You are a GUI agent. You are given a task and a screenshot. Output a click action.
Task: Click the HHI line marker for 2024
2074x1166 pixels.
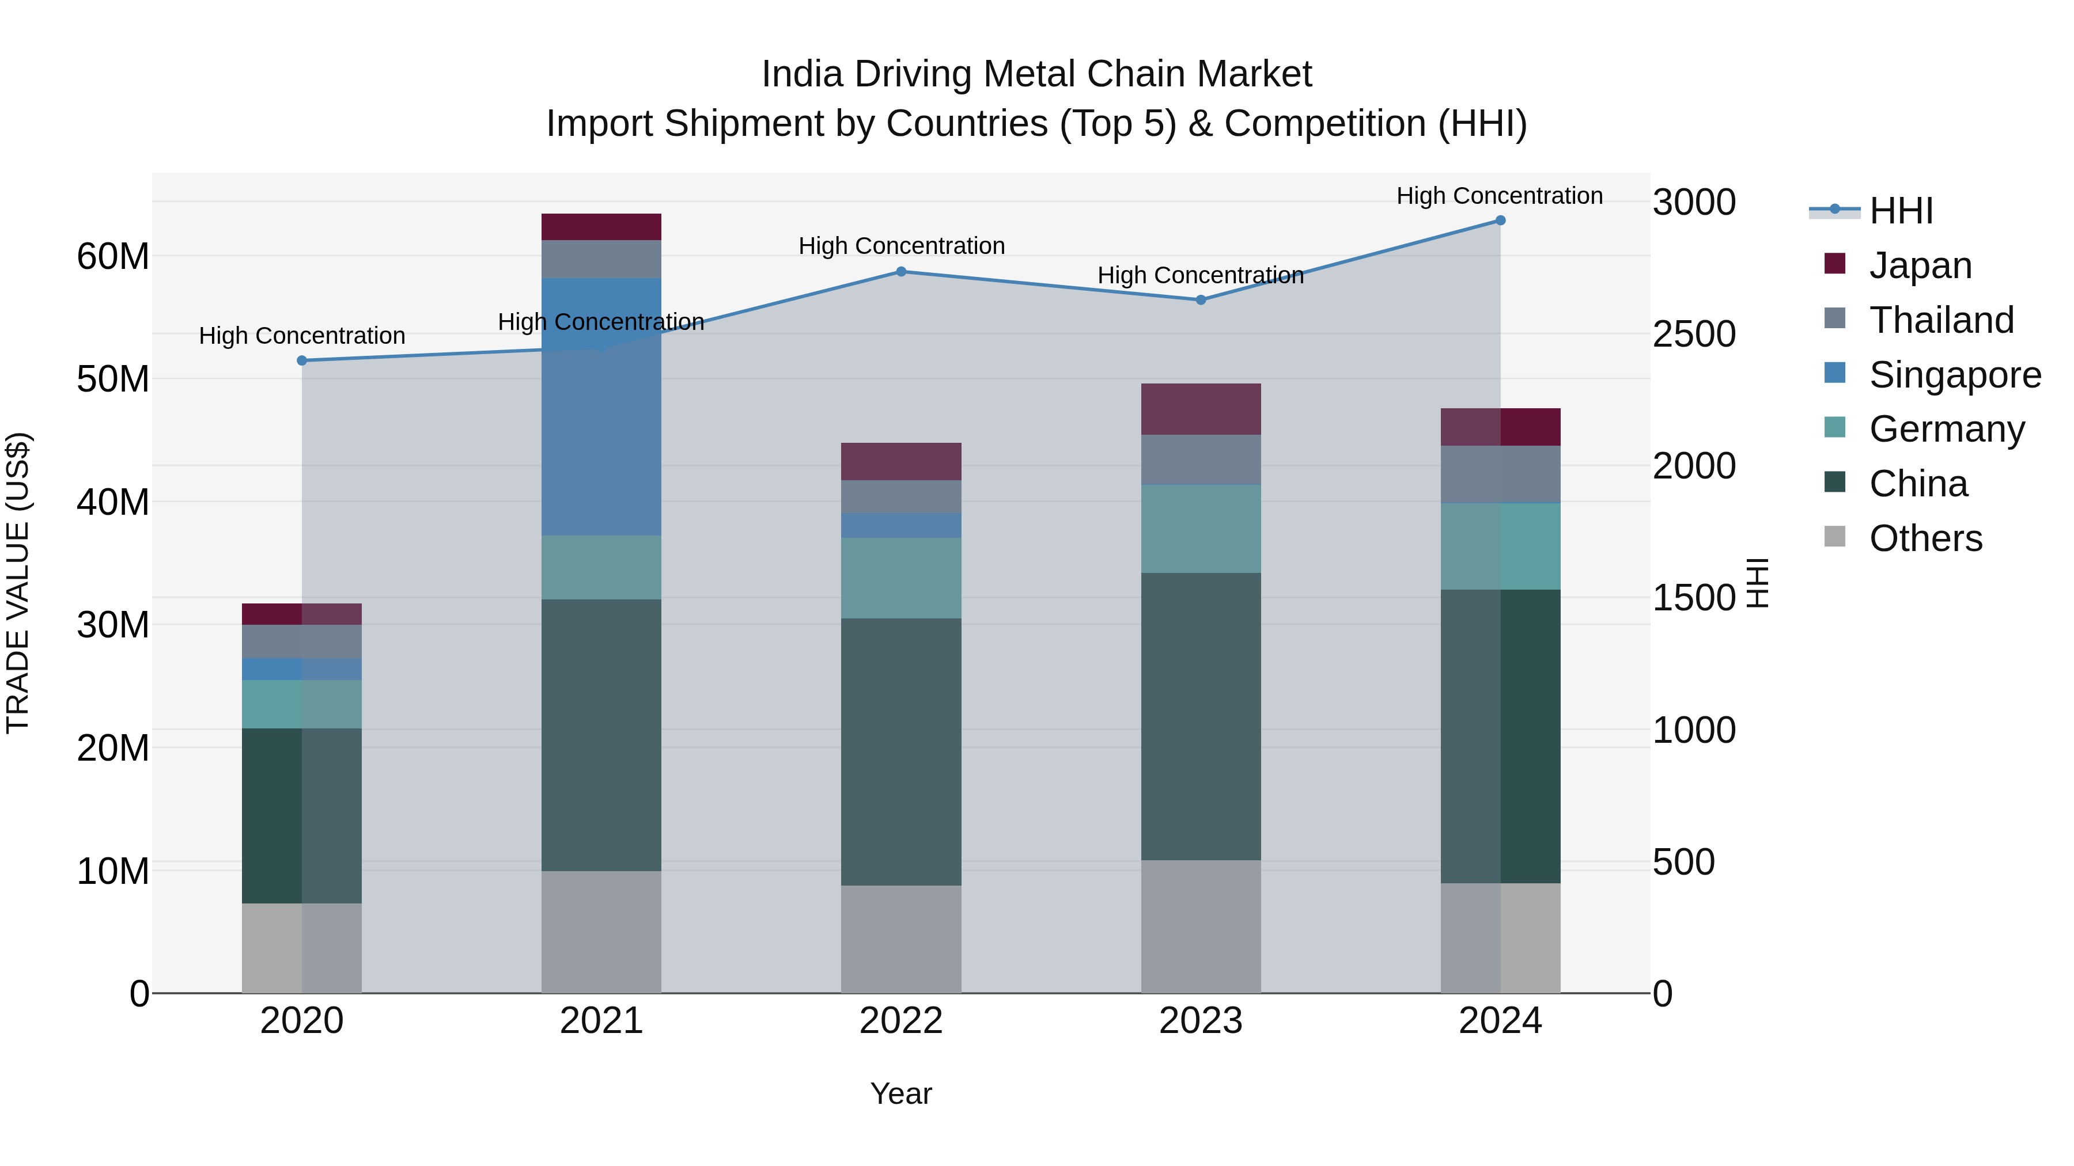[x=1500, y=221]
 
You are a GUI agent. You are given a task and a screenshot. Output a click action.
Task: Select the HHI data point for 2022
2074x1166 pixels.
[x=901, y=272]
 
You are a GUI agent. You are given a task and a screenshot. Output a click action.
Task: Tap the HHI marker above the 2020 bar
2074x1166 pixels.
[x=302, y=360]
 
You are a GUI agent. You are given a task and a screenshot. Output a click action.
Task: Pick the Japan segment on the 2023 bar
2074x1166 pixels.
[x=1201, y=409]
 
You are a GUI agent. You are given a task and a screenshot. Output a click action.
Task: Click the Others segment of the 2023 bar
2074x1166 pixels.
[x=1201, y=926]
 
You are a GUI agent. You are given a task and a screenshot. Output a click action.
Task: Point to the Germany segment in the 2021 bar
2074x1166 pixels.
[x=601, y=567]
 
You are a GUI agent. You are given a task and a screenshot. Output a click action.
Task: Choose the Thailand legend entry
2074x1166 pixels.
[x=1941, y=320]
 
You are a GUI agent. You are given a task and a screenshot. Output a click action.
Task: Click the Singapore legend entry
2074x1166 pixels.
[x=1954, y=375]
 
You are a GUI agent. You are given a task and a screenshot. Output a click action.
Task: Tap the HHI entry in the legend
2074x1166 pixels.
[x=1900, y=211]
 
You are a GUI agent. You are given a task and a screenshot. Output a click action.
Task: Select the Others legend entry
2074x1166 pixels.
[x=1925, y=538]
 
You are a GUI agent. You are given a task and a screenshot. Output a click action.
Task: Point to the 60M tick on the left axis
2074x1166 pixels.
[x=113, y=257]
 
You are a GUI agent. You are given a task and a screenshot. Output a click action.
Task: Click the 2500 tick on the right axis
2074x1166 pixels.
[x=1694, y=334]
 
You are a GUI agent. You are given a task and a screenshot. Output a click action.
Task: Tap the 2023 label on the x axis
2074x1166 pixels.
[x=1201, y=1021]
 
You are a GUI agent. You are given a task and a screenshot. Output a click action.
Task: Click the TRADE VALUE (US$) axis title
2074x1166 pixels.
[x=18, y=583]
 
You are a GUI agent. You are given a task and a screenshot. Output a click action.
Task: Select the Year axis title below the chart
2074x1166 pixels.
[x=901, y=1093]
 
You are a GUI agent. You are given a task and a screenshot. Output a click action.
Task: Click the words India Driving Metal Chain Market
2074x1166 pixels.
[x=1036, y=74]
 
